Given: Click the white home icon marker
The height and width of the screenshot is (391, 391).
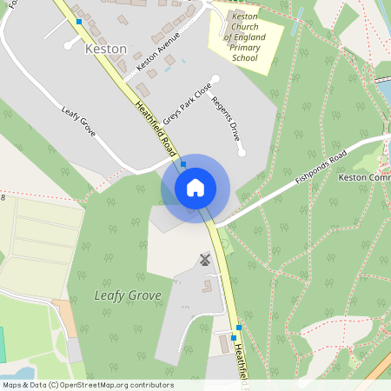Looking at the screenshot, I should [195, 188].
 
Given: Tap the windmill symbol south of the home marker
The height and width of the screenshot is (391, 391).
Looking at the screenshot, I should [206, 259].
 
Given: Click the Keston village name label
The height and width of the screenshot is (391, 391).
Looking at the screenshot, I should [106, 50].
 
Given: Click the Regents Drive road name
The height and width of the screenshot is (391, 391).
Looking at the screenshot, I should [225, 120].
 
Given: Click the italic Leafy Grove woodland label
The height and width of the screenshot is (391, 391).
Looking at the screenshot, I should [127, 295].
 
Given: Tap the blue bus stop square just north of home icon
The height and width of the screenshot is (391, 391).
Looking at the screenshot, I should [183, 163].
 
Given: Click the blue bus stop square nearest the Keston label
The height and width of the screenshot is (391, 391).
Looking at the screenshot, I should [79, 21].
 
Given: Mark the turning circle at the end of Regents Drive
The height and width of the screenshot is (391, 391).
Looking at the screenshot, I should [242, 153].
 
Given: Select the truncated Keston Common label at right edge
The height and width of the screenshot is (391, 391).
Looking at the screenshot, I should [363, 178].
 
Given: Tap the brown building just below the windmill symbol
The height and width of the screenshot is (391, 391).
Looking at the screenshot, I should [207, 284].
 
